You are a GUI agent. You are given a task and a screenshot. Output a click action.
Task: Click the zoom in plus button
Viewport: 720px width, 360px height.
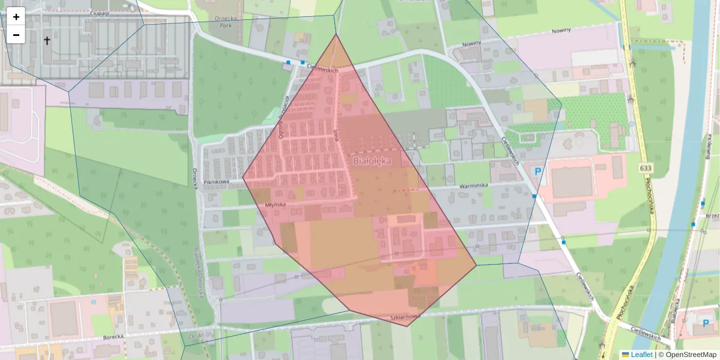tap(16, 17)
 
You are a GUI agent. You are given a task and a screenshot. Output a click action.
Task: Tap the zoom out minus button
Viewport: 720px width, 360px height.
tap(16, 35)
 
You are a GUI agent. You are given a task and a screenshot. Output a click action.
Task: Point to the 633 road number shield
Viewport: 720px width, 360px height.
tap(645, 168)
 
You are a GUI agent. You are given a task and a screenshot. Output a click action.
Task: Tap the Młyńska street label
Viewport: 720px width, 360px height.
tap(275, 205)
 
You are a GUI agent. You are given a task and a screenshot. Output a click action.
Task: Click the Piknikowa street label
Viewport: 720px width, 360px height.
tap(217, 181)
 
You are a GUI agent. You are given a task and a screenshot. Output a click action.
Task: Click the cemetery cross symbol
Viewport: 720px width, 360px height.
tap(47, 41)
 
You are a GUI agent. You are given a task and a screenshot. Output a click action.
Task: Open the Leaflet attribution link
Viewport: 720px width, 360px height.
tap(641, 355)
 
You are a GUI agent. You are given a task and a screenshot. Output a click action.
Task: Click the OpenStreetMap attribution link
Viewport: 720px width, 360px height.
tap(690, 355)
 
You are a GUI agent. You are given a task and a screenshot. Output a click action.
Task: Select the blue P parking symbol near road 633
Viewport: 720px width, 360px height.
tap(538, 172)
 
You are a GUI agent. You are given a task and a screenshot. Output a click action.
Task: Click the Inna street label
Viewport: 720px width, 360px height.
tap(336, 133)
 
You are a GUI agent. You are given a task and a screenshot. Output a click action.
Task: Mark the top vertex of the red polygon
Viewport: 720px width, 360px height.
tap(336, 34)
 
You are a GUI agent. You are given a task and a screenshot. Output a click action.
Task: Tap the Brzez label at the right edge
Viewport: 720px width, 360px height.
tap(712, 215)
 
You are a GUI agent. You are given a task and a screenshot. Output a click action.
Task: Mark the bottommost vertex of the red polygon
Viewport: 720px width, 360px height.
tap(408, 326)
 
